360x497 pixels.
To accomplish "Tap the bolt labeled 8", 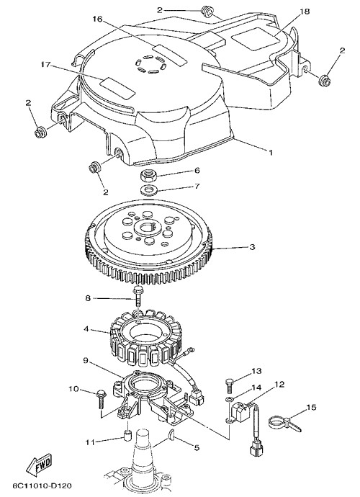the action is click(x=137, y=297).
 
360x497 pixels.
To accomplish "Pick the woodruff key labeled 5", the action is click(x=171, y=434).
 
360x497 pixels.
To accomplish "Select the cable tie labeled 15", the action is click(x=284, y=424).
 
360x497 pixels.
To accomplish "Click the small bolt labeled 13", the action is click(x=230, y=385).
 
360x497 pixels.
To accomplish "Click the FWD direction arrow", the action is click(x=38, y=465).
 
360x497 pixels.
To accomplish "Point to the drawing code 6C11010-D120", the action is click(x=42, y=485).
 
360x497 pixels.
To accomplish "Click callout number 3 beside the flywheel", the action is click(x=252, y=247).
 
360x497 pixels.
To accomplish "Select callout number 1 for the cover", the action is click(x=270, y=153).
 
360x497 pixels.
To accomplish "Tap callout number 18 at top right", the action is click(x=305, y=12).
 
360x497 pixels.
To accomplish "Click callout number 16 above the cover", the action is click(x=98, y=19).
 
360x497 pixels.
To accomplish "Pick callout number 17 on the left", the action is click(x=45, y=65).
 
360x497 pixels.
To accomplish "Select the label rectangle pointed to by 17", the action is click(x=117, y=86).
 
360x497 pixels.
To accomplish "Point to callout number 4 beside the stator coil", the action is click(x=86, y=329).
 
